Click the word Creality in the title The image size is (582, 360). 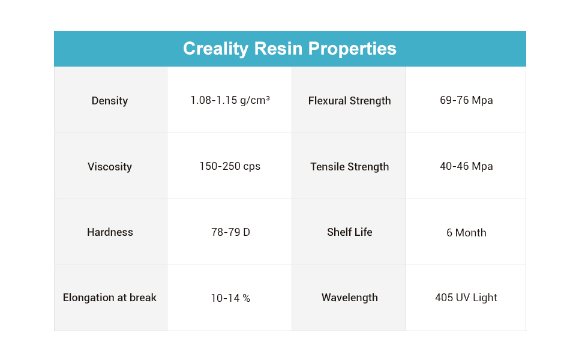pyautogui.click(x=215, y=49)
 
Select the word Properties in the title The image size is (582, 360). pyautogui.click(x=352, y=49)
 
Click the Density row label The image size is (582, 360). pyautogui.click(x=109, y=101)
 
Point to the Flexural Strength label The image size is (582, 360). pyautogui.click(x=349, y=101)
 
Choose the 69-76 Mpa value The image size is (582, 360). pyautogui.click(x=466, y=100)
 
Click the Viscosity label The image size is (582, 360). pyautogui.click(x=109, y=167)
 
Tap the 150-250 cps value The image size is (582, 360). pyautogui.click(x=230, y=166)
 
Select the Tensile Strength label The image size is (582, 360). pyautogui.click(x=349, y=167)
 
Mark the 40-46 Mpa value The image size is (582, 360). pyautogui.click(x=466, y=166)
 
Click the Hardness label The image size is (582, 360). pyautogui.click(x=110, y=232)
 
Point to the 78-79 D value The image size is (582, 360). pyautogui.click(x=230, y=232)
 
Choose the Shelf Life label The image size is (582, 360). pyautogui.click(x=349, y=232)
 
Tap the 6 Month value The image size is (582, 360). pyautogui.click(x=466, y=233)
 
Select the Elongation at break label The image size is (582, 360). pyautogui.click(x=109, y=298)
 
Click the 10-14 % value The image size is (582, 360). pyautogui.click(x=230, y=298)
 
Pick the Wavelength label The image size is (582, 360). pyautogui.click(x=349, y=298)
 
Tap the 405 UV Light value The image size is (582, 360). pyautogui.click(x=466, y=298)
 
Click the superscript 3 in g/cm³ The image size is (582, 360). pyautogui.click(x=268, y=98)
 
